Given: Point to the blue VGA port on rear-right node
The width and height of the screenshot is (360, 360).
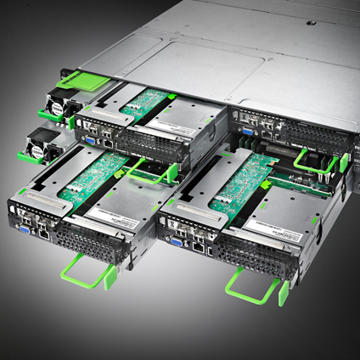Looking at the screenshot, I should click(x=244, y=131).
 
